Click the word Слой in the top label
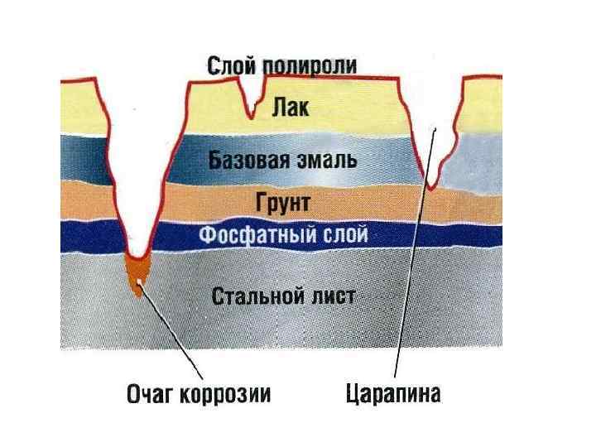point(227,65)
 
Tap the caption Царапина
point(393,394)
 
